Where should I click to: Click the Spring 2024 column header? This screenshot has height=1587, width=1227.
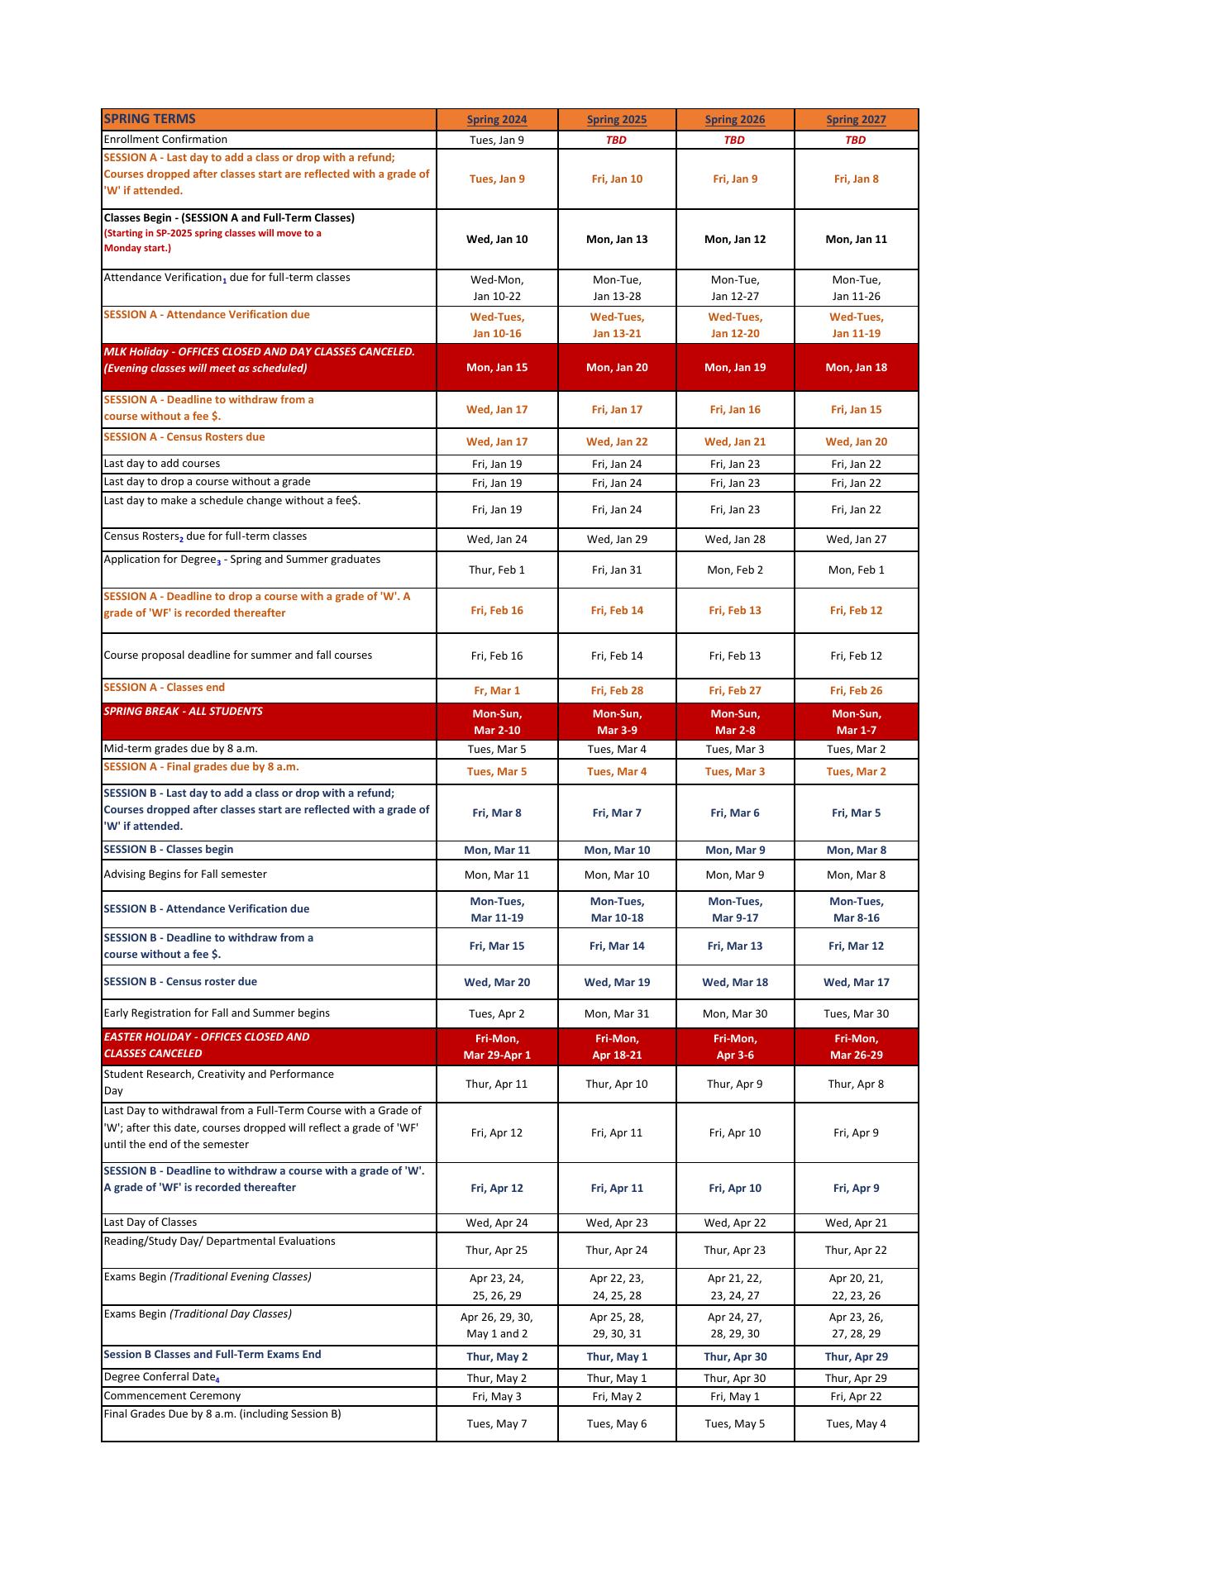pos(496,120)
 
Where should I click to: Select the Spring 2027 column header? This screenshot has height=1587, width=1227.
pos(856,120)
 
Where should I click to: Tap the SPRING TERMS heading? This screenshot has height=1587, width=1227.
pos(150,119)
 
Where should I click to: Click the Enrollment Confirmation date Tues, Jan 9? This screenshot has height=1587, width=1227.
pos(496,140)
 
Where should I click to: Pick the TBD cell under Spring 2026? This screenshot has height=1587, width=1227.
pos(734,140)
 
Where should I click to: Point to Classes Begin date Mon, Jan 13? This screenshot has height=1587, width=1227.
pos(617,240)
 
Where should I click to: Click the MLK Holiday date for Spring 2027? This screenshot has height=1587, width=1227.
pos(856,368)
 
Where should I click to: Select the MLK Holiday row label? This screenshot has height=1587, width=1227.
pos(259,360)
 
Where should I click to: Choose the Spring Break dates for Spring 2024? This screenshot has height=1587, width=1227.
pos(496,722)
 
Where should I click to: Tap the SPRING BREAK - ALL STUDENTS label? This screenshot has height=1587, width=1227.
pos(183,712)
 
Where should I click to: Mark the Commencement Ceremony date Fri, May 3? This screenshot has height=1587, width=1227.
pos(496,1396)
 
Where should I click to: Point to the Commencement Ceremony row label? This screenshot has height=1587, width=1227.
pos(172,1396)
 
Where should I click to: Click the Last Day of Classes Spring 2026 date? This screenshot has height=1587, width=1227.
pos(734,1222)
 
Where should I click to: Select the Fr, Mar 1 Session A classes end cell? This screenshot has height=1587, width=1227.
pos(496,691)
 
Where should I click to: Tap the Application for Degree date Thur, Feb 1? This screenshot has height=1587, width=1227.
pos(496,570)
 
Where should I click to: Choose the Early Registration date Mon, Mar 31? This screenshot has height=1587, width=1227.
pos(617,1014)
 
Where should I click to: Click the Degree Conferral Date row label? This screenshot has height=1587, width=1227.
pos(161,1377)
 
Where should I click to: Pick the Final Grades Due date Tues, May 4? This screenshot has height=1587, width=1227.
pos(856,1423)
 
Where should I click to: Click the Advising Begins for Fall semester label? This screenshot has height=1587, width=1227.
pos(185,875)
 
